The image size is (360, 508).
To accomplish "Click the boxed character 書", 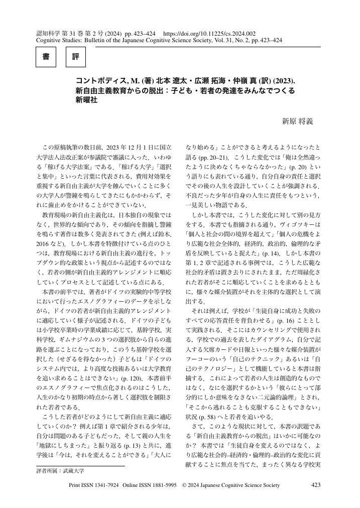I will [x=46, y=57].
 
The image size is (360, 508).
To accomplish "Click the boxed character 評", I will [x=76, y=57].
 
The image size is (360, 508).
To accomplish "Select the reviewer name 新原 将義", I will [x=297, y=121].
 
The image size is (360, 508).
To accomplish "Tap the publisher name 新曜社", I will [x=86, y=99].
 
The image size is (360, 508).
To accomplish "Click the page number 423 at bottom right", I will [x=316, y=485].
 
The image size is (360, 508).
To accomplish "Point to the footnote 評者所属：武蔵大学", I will [x=60, y=471].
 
